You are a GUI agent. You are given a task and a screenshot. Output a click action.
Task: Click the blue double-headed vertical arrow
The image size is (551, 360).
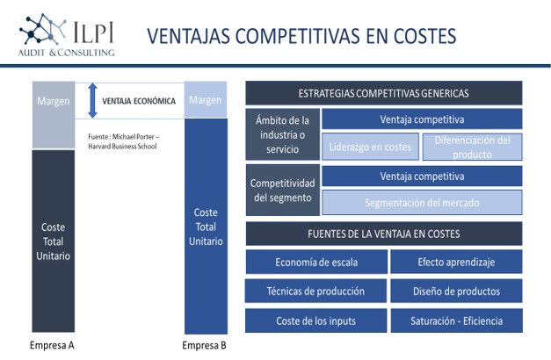(x=92, y=100)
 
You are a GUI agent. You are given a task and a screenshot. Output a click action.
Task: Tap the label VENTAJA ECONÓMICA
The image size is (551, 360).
(x=139, y=101)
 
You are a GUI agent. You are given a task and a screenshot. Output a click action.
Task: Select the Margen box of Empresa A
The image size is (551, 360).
(x=54, y=115)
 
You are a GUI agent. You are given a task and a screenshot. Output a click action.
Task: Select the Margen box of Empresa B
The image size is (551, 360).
(x=206, y=100)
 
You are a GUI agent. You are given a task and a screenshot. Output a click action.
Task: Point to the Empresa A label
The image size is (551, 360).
(x=52, y=345)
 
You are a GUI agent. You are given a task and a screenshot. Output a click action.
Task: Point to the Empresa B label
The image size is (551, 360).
(x=204, y=345)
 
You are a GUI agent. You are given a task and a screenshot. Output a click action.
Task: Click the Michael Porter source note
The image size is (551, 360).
(x=123, y=141)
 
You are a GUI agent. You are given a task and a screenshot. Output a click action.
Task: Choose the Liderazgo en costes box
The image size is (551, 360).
(x=370, y=147)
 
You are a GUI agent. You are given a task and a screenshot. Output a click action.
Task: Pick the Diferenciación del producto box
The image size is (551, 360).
(x=472, y=147)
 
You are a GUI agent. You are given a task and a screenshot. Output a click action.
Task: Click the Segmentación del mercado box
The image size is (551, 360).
(x=422, y=202)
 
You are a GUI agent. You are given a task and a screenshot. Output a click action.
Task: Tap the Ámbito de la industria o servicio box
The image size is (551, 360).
(x=282, y=134)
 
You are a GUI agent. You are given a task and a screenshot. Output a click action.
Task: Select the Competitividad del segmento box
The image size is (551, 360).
(x=283, y=190)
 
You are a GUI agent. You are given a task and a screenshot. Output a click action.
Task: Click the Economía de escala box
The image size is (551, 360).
(x=316, y=262)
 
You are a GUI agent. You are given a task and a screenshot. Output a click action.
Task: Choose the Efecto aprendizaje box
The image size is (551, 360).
(x=456, y=262)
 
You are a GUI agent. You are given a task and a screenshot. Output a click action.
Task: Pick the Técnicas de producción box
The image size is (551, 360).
(x=315, y=292)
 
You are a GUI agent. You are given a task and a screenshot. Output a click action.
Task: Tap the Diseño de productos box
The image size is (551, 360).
(x=456, y=292)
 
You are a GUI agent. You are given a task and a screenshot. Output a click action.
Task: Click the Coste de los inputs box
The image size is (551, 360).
(x=315, y=320)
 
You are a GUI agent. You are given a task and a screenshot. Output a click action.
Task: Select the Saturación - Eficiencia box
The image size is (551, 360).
(x=456, y=320)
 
